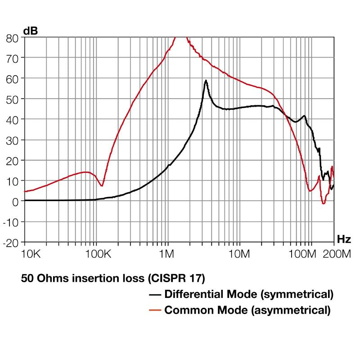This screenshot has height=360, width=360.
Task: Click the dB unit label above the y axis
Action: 31,31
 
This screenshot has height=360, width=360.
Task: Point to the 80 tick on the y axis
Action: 13,38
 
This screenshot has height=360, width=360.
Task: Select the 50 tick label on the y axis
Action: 13,99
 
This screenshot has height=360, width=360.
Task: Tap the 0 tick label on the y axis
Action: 15,201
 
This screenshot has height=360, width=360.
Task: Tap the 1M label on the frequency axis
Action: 166,254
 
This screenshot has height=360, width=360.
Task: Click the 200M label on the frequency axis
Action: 337,254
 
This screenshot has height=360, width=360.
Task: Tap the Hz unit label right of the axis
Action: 344,238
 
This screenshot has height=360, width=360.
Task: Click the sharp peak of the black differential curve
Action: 206,81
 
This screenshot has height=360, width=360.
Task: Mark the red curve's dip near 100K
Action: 102,185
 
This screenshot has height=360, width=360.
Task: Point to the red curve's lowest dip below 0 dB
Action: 323,204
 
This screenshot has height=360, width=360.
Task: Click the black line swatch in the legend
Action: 155,295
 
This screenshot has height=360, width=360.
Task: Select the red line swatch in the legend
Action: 155,310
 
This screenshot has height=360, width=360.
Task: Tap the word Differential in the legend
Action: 192,295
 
